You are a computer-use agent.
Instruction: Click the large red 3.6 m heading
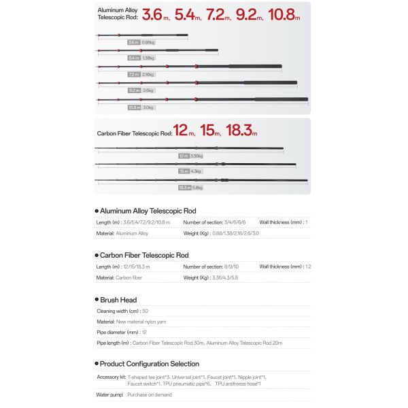154,14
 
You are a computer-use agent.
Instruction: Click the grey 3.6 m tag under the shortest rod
133,42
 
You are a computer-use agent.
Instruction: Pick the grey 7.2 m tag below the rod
133,74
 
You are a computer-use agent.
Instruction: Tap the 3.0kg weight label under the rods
148,107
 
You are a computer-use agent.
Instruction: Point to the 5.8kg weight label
198,187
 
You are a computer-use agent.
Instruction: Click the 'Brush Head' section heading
118,300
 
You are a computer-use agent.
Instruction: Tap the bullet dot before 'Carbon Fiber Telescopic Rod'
97,255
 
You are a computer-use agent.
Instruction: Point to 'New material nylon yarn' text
142,322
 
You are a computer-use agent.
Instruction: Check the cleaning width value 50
145,311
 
